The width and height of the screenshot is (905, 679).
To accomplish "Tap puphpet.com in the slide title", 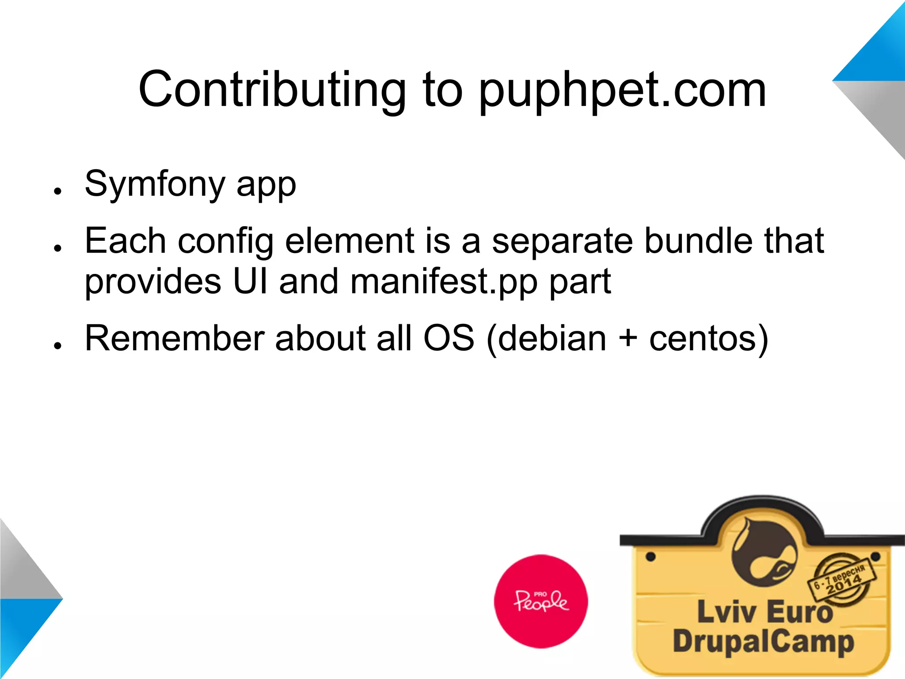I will (622, 91).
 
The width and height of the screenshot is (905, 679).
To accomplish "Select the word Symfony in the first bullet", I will (155, 185).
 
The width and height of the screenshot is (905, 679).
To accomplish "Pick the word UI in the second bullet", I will (250, 281).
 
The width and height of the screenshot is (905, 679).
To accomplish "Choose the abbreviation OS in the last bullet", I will (449, 338).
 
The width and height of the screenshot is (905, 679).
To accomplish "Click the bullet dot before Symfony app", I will (57, 191).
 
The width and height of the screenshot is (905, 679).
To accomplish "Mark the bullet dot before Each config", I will (57, 248).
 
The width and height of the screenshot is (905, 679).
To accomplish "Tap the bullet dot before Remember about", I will (57, 346).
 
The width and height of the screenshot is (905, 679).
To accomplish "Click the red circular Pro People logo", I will (541, 601).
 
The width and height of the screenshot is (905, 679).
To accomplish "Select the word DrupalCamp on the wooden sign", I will (763, 641).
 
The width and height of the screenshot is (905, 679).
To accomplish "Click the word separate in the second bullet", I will (563, 241).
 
